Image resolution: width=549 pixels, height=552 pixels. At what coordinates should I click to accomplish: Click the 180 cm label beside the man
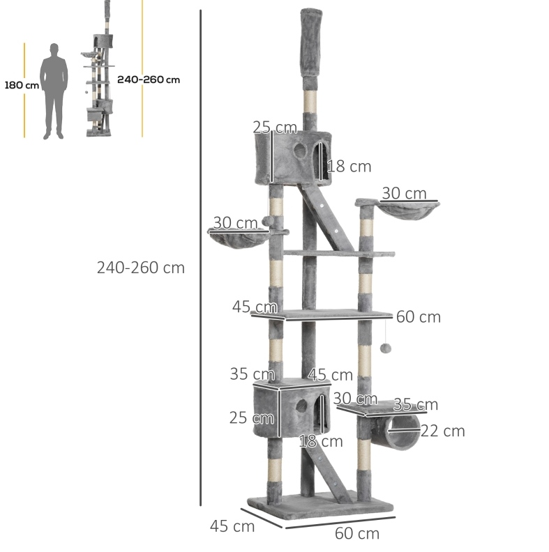click(22, 85)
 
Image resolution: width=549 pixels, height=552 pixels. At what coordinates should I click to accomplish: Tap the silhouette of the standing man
click(54, 91)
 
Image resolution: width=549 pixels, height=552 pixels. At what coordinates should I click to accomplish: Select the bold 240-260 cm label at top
click(149, 79)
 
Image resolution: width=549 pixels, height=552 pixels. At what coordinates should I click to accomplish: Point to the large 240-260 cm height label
click(141, 268)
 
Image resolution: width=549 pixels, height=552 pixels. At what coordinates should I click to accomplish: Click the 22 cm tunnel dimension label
click(442, 431)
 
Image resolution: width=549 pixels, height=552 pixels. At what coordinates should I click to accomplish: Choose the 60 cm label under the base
click(357, 533)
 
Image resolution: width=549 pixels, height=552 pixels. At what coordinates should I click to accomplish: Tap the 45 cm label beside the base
click(232, 527)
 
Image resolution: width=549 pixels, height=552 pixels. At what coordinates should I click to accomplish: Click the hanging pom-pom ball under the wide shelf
click(385, 348)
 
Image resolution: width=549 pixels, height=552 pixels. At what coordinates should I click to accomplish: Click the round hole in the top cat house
click(300, 151)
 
